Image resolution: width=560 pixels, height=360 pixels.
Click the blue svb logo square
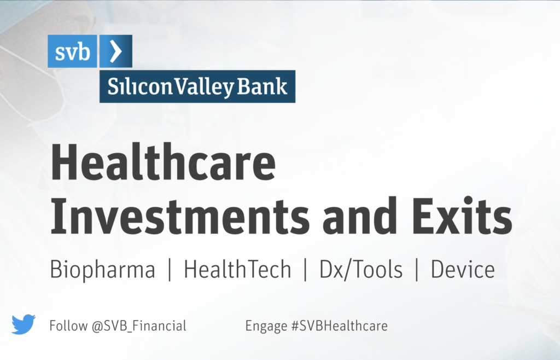click(x=72, y=51)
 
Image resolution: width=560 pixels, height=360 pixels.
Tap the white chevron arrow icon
click(x=116, y=51)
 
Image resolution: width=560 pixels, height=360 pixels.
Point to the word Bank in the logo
click(x=262, y=86)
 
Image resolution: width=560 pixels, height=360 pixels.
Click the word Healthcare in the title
click(x=163, y=162)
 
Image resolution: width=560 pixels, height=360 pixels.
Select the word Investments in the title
click(x=180, y=216)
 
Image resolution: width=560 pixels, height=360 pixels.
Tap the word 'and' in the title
click(x=359, y=216)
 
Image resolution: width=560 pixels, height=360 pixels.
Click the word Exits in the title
click(x=463, y=216)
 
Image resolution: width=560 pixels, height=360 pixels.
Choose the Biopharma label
click(x=102, y=270)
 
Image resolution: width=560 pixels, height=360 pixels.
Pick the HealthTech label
click(x=237, y=269)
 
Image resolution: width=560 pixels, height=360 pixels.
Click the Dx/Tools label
click(x=361, y=269)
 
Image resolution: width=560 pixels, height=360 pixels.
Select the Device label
click(x=463, y=269)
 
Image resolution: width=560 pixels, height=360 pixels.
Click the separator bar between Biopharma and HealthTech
click(x=170, y=270)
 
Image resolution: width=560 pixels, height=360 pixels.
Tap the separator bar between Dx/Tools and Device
click(x=417, y=270)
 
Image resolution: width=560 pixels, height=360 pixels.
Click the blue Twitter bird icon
click(x=23, y=324)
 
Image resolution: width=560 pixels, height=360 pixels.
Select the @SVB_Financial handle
click(x=139, y=326)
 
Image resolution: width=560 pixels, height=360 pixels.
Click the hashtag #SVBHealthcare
click(x=340, y=326)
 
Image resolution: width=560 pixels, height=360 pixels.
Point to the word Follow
click(x=68, y=326)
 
